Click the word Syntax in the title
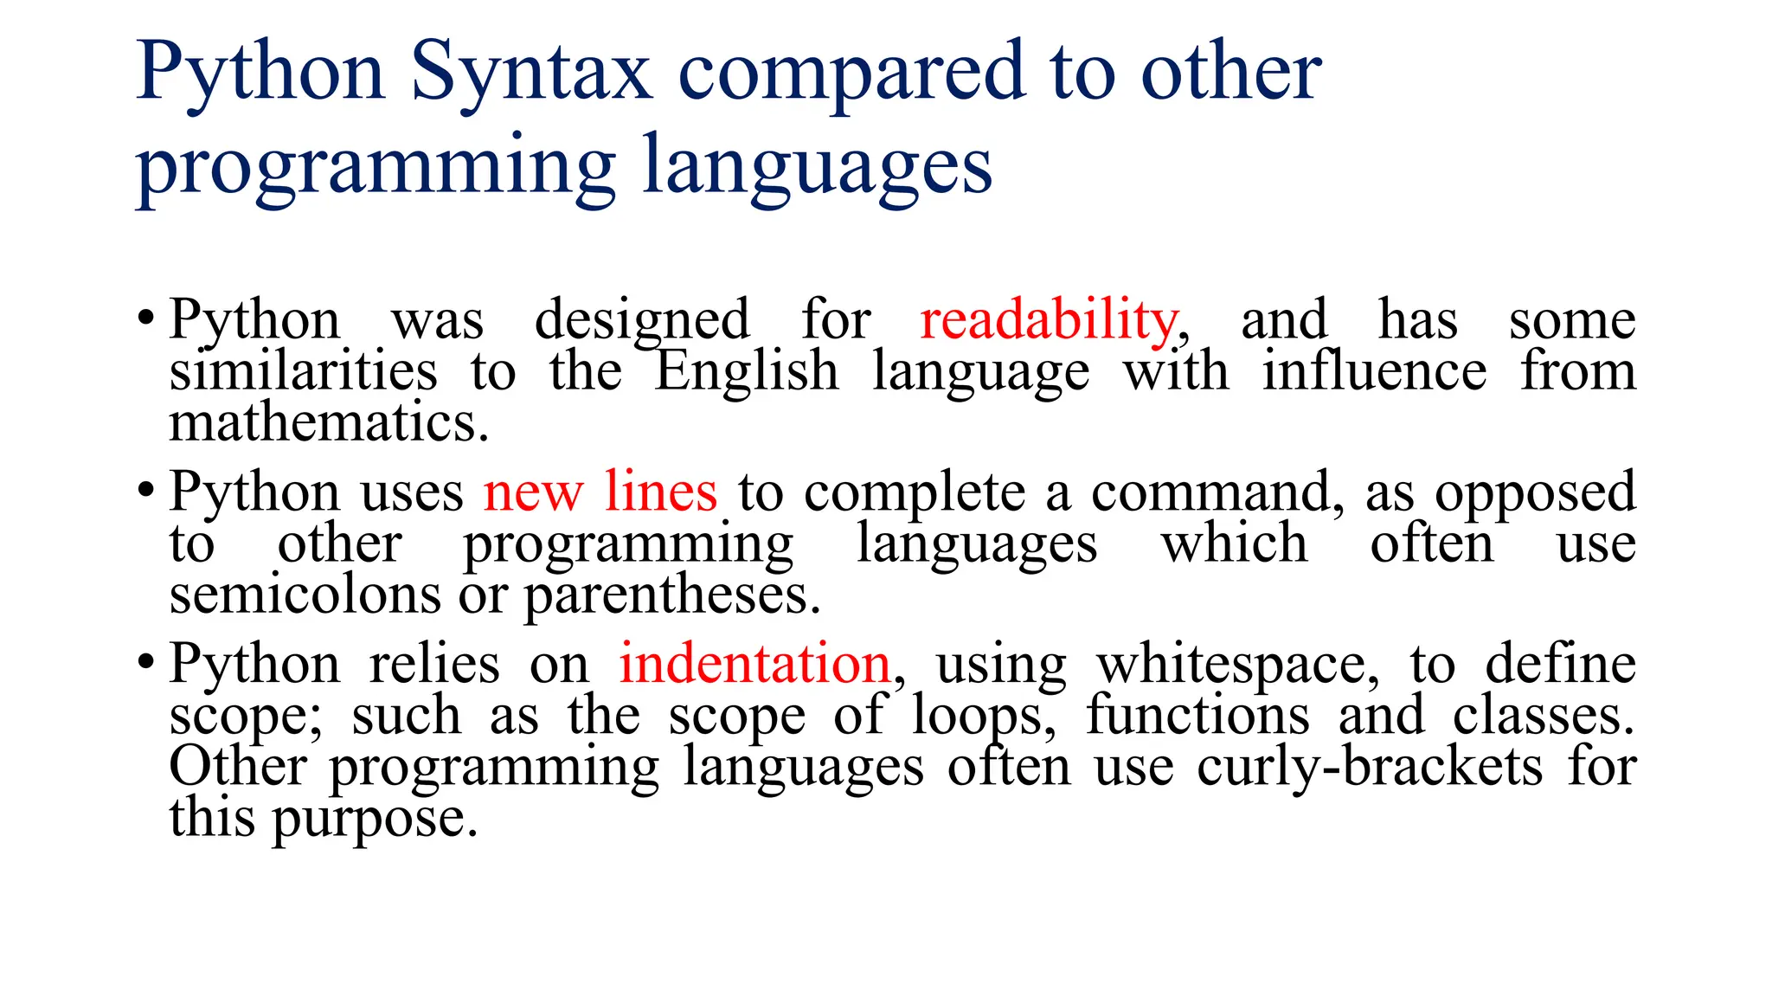tap(530, 73)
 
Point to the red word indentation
tap(754, 664)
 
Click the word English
tap(746, 371)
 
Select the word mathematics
tap(329, 423)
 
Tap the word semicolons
tap(305, 595)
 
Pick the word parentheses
tap(671, 595)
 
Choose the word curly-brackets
tap(1370, 767)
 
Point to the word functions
tap(1198, 716)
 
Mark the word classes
tap(1544, 716)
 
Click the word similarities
tap(303, 371)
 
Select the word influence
tap(1374, 371)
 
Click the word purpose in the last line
tap(375, 819)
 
